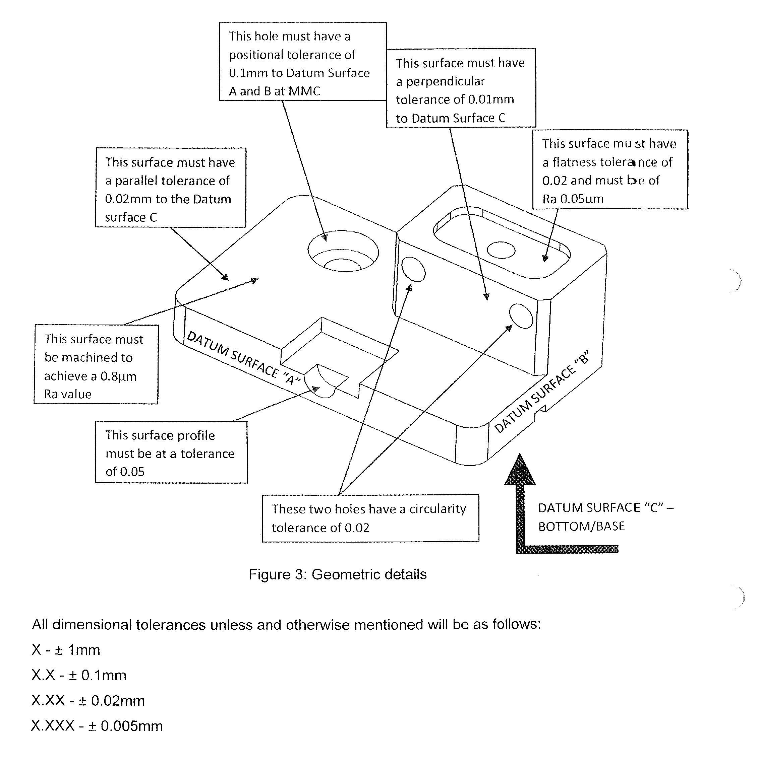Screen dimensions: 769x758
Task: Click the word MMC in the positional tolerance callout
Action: point(304,91)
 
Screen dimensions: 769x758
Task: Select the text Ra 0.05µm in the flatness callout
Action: point(573,199)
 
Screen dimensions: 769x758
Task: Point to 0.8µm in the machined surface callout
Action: point(118,376)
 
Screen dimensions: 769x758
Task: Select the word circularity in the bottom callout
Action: point(438,509)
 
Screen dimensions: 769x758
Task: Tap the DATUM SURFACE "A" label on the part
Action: point(243,358)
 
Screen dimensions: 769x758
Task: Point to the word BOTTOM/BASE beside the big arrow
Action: point(581,526)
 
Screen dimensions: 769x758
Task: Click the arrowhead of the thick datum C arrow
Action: point(520,472)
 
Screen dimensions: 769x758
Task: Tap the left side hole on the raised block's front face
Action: point(413,269)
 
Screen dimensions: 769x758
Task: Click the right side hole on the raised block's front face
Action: point(521,316)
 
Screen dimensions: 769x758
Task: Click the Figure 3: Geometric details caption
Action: point(337,574)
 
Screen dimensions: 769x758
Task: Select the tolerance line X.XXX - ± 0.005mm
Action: point(97,726)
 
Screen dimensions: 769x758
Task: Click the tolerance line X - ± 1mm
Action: point(66,650)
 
